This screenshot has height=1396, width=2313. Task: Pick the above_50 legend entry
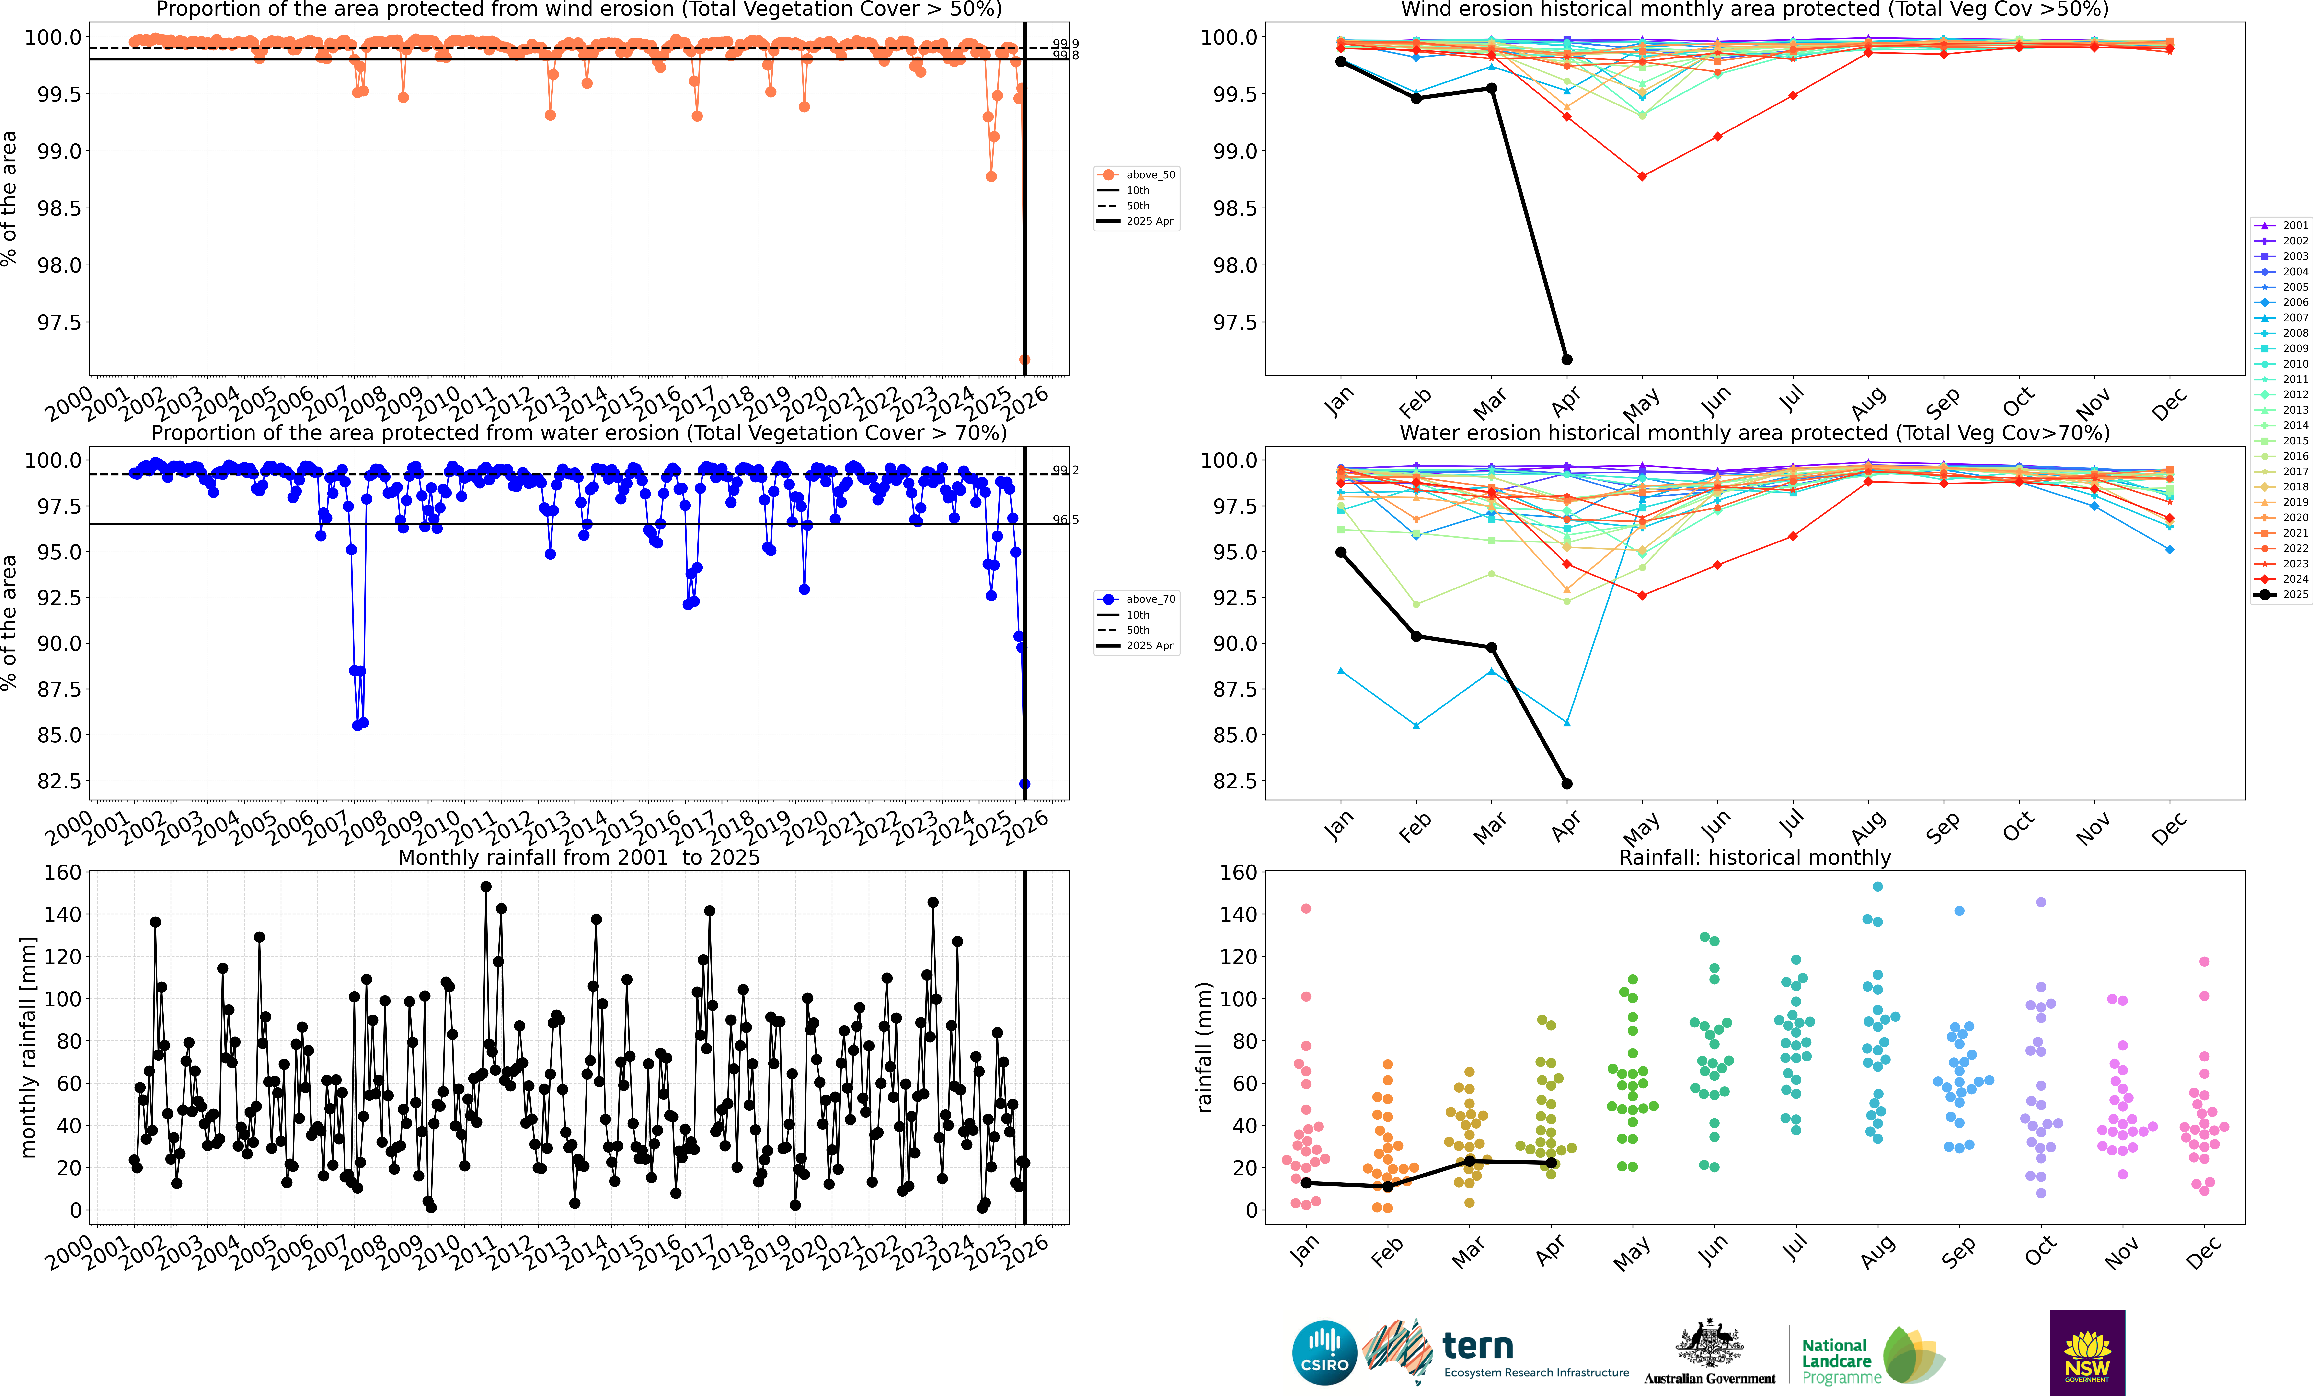(x=1137, y=175)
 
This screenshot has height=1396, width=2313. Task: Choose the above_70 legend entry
(x=1137, y=599)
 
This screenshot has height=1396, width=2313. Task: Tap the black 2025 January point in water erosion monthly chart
(x=1340, y=552)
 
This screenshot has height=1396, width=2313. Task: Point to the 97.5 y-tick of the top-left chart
(x=58, y=322)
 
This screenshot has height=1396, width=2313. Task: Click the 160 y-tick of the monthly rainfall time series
(x=62, y=872)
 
